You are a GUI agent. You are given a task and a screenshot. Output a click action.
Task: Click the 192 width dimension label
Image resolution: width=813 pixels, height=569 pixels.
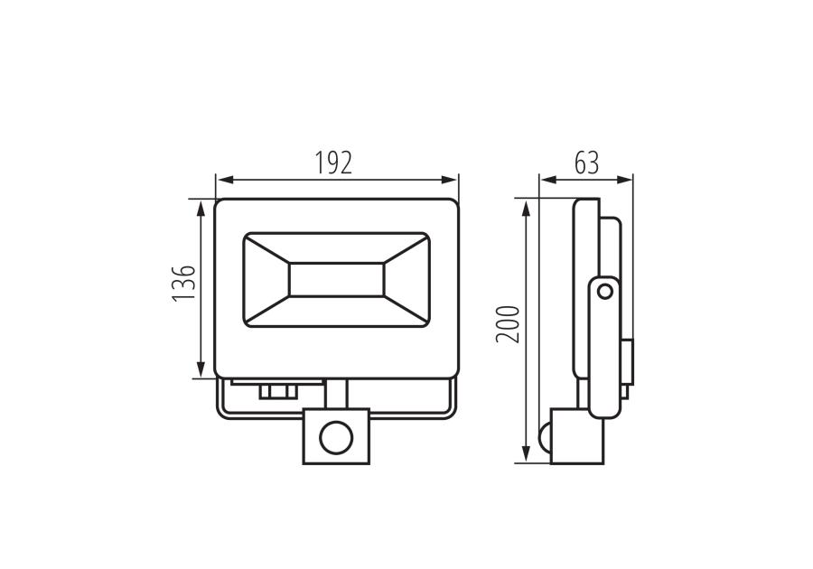coord(334,163)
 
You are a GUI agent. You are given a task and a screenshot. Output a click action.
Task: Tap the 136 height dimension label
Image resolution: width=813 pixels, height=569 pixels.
coord(184,283)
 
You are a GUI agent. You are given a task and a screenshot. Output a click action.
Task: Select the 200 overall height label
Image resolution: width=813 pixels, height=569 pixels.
coord(508,324)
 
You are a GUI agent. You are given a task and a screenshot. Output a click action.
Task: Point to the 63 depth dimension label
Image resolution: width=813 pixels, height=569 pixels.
coord(586,163)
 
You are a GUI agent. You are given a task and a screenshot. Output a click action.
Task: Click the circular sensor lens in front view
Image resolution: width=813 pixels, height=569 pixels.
coord(336,439)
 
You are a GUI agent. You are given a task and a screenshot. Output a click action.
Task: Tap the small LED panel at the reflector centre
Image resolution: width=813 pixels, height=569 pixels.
coord(337,280)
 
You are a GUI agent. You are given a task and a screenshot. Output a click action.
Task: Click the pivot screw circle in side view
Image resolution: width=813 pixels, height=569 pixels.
coord(604,292)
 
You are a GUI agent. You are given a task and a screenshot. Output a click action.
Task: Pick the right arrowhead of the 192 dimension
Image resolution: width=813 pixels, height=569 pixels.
coord(449,180)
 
